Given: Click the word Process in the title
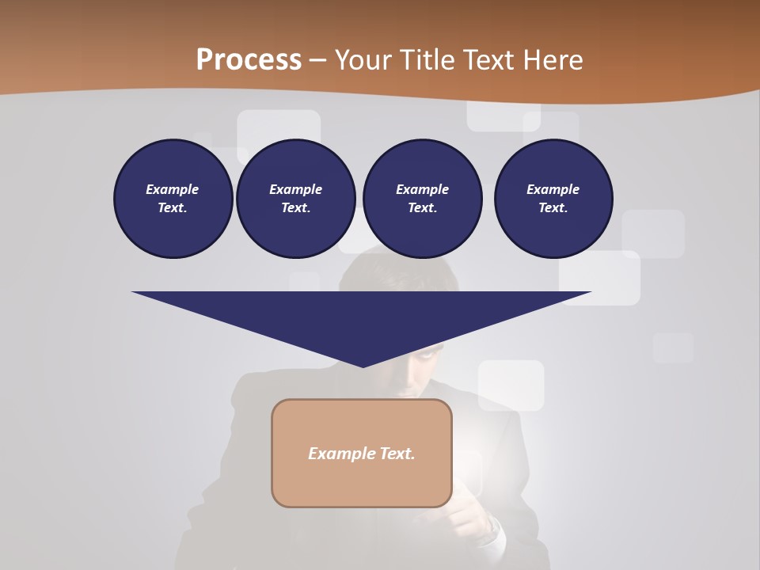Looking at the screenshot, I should (x=249, y=60).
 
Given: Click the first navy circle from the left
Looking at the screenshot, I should (x=173, y=198).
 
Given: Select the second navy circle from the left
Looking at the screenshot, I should (x=295, y=198).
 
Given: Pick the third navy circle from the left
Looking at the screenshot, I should (x=422, y=198).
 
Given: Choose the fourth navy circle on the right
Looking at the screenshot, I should (x=553, y=198).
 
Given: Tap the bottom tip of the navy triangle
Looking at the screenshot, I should (x=363, y=366).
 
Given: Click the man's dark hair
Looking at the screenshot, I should (x=396, y=273).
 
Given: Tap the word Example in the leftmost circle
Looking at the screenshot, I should (x=173, y=189).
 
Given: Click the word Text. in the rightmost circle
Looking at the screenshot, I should (x=553, y=207).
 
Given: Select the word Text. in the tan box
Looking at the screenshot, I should (x=397, y=454).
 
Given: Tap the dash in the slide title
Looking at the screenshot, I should (x=318, y=61).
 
